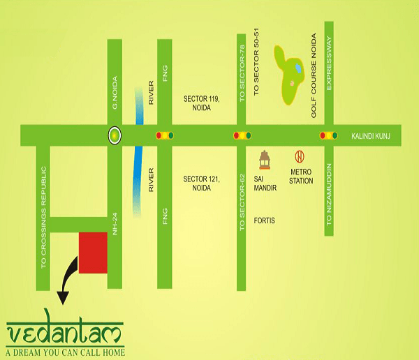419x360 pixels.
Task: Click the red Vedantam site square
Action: (93, 252)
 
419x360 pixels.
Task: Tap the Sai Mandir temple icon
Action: (264, 160)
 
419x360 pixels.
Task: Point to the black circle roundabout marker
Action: (115, 135)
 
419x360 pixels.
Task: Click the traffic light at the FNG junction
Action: (165, 135)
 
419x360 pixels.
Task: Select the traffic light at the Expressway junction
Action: (328, 135)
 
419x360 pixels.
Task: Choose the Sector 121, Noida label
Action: (201, 183)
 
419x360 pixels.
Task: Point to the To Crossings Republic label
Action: (43, 218)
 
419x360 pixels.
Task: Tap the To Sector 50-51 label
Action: (258, 66)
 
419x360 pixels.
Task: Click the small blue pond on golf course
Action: (298, 68)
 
